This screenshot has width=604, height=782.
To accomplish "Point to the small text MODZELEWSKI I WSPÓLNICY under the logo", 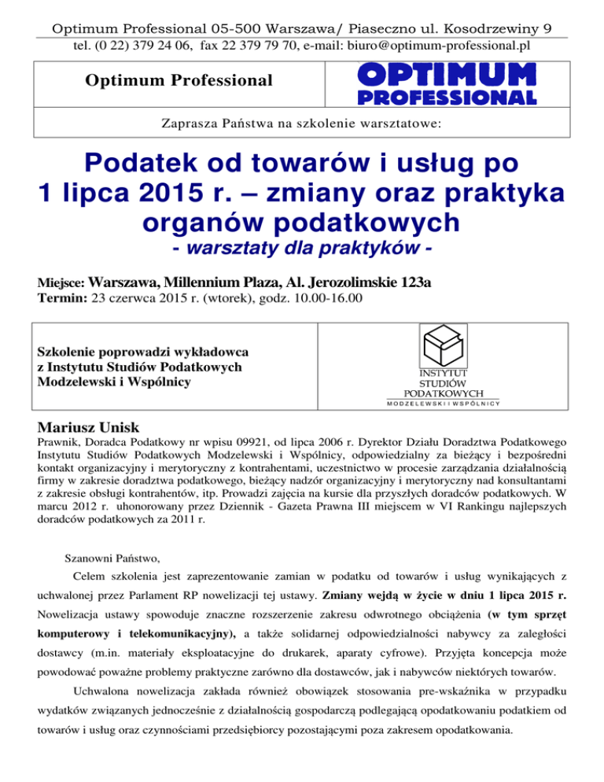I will (x=444, y=404).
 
